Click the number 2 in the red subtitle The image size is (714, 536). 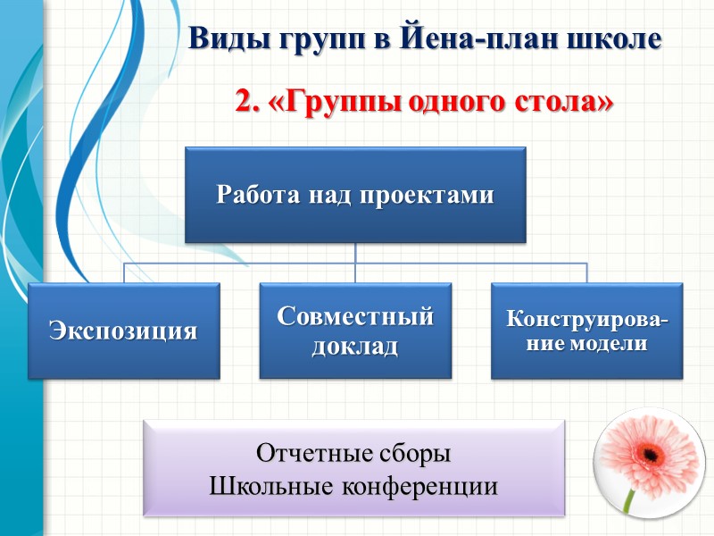244,101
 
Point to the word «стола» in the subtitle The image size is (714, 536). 565,101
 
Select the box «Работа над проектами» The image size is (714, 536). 355,196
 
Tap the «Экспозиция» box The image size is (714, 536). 123,331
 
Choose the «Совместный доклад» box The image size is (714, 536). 355,331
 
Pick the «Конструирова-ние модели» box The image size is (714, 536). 586,331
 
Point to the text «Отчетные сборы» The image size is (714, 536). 354,454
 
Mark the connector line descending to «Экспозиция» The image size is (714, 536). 123,272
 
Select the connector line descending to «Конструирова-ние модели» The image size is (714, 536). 586,272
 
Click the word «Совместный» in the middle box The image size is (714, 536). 355,316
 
